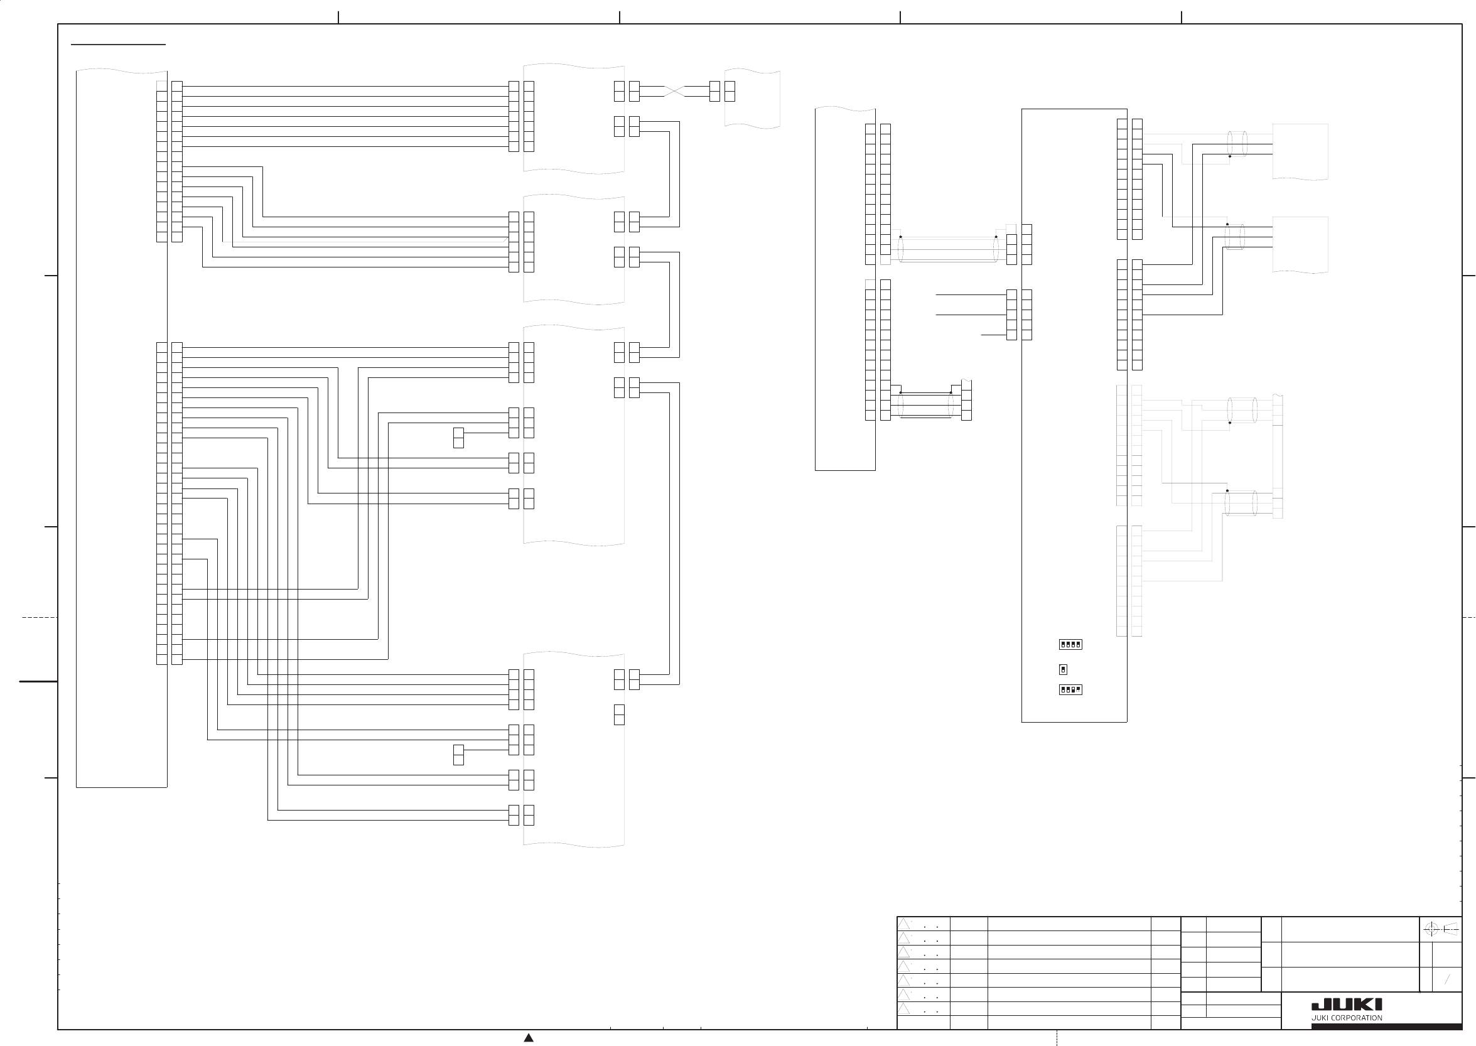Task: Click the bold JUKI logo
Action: (1347, 1004)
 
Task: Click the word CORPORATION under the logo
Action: (1356, 1018)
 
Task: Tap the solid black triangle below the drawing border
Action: (529, 1038)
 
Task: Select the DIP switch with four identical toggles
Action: (1070, 644)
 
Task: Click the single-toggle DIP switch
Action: (1062, 669)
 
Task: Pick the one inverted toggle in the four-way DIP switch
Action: (1078, 689)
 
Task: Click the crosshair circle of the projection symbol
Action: (1431, 929)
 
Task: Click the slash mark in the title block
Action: (1447, 979)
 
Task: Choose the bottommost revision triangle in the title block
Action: (904, 1008)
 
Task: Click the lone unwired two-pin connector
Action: (619, 714)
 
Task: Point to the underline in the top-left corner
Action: (118, 45)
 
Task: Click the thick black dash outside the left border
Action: (38, 681)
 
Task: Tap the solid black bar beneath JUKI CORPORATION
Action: (1386, 1027)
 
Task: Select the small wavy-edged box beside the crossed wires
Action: (752, 99)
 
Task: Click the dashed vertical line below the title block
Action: (1057, 1038)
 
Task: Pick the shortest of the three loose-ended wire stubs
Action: (993, 335)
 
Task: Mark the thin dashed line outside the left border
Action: (40, 617)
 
